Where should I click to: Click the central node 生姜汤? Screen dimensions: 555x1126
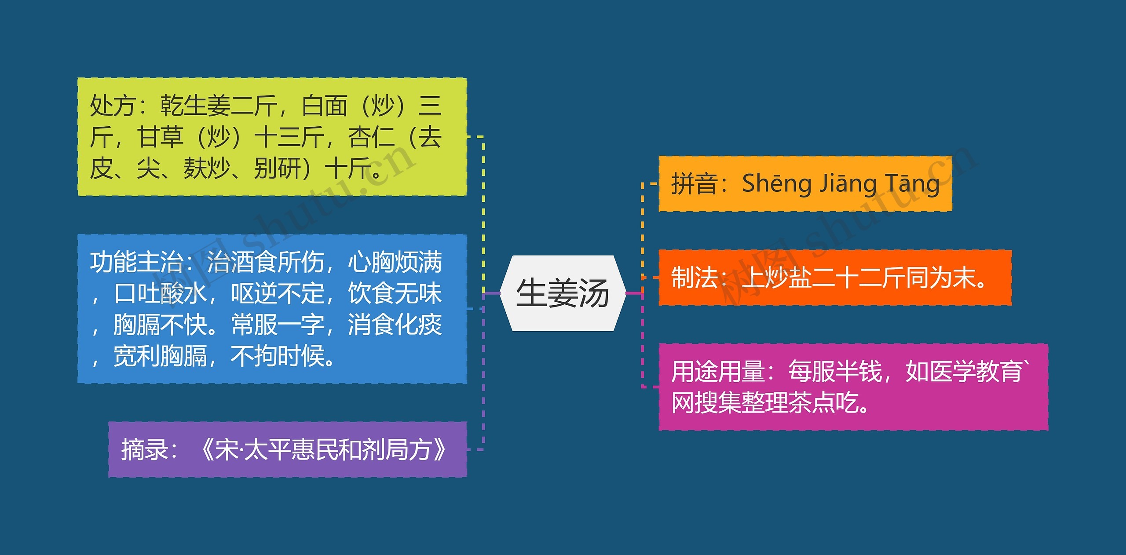[x=563, y=293]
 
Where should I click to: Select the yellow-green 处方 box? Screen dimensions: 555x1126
[x=272, y=137]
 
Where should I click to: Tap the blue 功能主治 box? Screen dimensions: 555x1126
[x=272, y=308]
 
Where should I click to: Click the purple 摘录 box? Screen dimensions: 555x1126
[x=287, y=449]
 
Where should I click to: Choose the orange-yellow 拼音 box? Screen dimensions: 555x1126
[x=805, y=183]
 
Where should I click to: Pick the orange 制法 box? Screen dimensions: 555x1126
[x=835, y=277]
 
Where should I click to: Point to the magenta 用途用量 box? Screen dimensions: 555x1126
[x=853, y=387]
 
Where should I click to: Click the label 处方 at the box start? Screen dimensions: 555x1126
[x=113, y=106]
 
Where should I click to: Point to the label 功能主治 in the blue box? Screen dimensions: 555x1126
[x=136, y=262]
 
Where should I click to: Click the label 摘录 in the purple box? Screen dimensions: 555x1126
[x=145, y=449]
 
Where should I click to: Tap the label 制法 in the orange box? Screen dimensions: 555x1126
[x=694, y=278]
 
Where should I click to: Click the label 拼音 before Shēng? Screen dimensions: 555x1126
[x=694, y=184]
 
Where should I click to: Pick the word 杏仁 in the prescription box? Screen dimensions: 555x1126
[x=371, y=137]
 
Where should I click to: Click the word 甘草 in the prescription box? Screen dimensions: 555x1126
[x=160, y=137]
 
